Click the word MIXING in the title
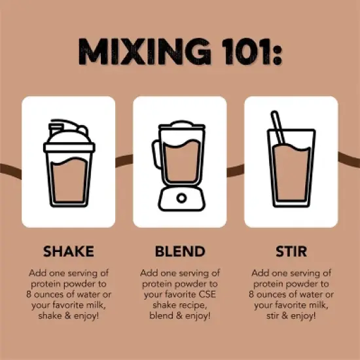145,52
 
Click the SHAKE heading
69,251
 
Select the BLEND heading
180,251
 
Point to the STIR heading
291,251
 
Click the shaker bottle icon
69,163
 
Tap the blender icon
179,166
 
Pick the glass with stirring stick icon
291,159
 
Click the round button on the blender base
181,198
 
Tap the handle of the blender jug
155,154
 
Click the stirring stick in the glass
278,128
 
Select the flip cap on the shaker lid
55,129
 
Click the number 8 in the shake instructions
29,295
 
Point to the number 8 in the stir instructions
251,295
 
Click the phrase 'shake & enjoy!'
69,316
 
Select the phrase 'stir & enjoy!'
291,316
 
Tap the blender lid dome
181,124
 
